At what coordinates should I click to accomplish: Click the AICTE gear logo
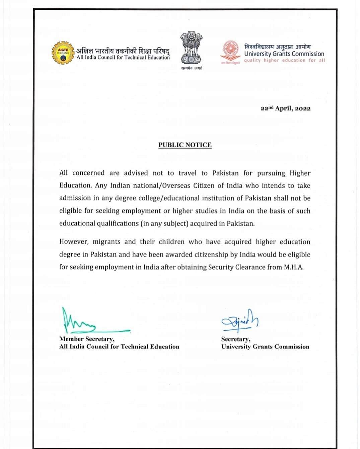click(63, 53)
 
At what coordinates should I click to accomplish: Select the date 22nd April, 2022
click(285, 108)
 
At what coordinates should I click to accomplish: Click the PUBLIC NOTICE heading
click(185, 145)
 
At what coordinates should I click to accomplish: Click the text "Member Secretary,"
click(87, 339)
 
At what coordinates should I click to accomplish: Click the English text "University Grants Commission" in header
click(284, 54)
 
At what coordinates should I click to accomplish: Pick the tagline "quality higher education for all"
click(284, 61)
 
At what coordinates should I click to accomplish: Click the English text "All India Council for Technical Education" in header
click(123, 58)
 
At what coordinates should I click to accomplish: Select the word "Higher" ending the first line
click(300, 173)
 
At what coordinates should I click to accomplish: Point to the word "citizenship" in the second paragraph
click(207, 255)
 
